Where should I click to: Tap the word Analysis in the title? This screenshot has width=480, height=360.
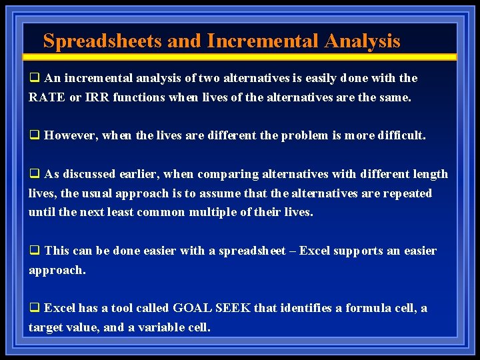point(362,41)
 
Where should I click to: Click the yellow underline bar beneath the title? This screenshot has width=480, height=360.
point(240,57)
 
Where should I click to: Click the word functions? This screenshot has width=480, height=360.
point(139,97)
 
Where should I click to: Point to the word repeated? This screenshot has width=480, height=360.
point(404,193)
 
